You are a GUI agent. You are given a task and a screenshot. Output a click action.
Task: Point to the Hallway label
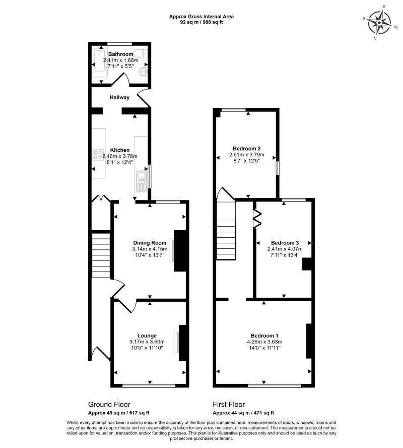tap(119, 98)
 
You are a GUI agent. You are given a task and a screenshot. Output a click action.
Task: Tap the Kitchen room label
tap(120, 150)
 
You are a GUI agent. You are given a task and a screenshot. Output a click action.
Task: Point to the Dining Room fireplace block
tap(179, 250)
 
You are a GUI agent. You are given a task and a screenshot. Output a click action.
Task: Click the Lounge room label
tap(147, 335)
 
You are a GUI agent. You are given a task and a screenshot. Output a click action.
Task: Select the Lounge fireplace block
tap(183, 342)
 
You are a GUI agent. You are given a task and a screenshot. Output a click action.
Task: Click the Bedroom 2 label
tap(246, 148)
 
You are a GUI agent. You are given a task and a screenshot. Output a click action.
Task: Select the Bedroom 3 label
tap(285, 241)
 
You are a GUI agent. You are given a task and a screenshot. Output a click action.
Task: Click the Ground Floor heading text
tap(109, 404)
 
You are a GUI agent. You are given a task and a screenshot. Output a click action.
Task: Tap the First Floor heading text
tap(229, 404)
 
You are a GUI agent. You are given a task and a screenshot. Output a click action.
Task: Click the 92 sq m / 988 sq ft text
tap(201, 22)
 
